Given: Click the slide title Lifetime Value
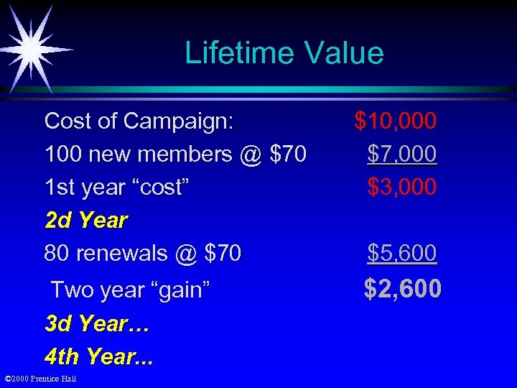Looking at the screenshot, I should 284,53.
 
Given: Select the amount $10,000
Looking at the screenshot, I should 395,121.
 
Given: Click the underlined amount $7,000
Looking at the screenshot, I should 401,154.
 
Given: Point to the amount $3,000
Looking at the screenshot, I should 401,187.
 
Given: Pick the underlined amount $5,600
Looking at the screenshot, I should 401,253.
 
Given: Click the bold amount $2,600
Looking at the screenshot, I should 402,289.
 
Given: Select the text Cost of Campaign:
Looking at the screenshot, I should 139,121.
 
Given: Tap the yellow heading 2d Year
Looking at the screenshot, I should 85,220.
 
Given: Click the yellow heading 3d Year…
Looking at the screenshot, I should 96,323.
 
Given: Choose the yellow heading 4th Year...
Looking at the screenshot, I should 98,356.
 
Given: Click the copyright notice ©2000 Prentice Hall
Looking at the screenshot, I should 41,379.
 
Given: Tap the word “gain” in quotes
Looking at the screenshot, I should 175,290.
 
